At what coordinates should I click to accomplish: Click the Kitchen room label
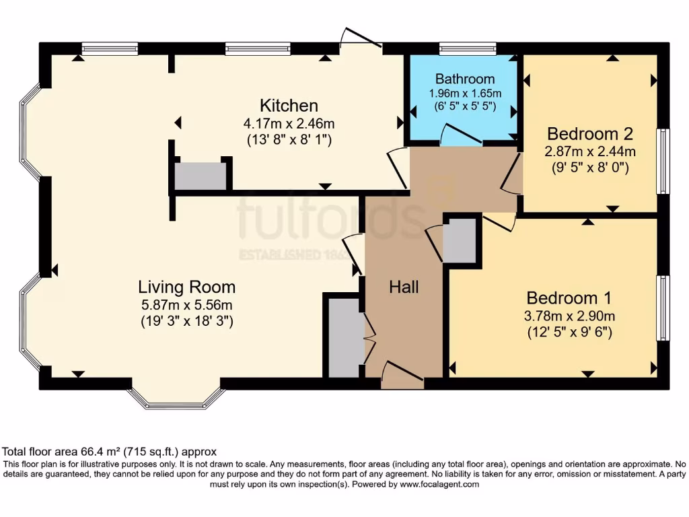coord(289,106)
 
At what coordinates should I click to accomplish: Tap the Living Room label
coord(186,287)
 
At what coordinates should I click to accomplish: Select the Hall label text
coord(404,287)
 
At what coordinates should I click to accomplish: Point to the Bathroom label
coord(464,79)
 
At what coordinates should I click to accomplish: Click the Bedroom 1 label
coord(563,298)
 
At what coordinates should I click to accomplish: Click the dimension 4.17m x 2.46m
coord(289,124)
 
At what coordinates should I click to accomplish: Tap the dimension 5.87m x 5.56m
coord(186,305)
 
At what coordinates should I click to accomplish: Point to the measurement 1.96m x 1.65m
coord(464,93)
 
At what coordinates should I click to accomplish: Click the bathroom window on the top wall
coord(468,48)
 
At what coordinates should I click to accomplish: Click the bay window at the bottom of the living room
coord(176,400)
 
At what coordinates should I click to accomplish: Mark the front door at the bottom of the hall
coord(402,376)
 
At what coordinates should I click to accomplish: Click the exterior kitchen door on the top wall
coord(361,40)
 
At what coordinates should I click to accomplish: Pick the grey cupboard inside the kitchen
coord(201,176)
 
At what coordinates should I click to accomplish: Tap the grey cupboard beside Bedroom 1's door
coord(460,241)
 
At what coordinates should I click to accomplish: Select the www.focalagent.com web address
coord(439,484)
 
